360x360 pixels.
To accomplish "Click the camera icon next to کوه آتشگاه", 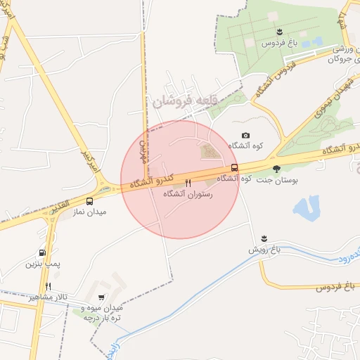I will click(x=245, y=135).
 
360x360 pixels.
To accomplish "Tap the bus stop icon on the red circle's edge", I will click(x=234, y=167).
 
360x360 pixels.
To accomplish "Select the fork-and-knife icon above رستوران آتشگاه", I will click(x=188, y=183).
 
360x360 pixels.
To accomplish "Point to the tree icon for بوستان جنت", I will click(x=276, y=169).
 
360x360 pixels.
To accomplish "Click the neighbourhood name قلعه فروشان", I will click(x=182, y=101).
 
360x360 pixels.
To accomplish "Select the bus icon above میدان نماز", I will click(x=89, y=201).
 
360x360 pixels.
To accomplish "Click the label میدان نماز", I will click(x=91, y=212).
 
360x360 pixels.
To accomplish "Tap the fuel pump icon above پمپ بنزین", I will click(x=43, y=253).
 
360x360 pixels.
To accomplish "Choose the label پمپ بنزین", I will click(x=39, y=264).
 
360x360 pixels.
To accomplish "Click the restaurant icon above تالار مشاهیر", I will click(x=48, y=286).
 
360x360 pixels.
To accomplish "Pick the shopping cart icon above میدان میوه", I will click(x=103, y=297).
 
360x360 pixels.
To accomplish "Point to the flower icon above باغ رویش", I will click(x=264, y=238).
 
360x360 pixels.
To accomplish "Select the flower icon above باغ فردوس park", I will click(x=280, y=32).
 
